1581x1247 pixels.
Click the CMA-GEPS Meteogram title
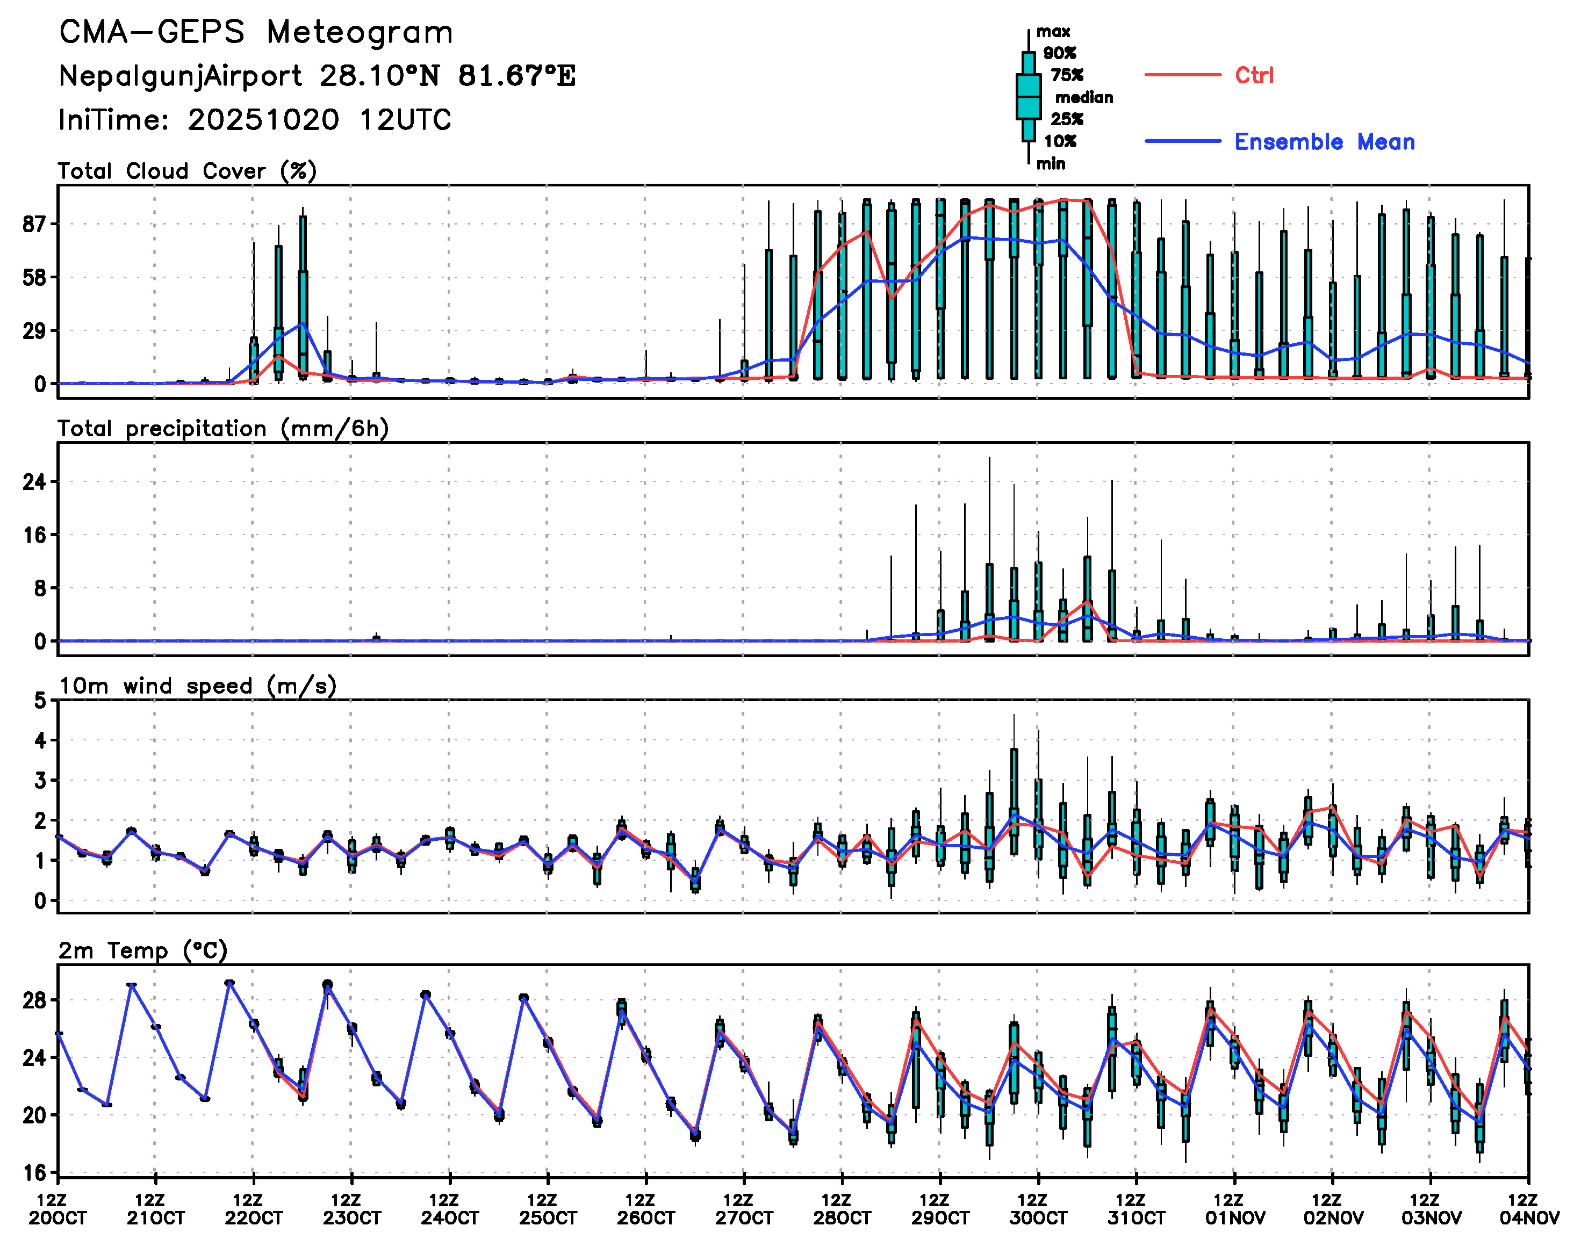[256, 33]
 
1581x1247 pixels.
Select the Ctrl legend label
[1254, 75]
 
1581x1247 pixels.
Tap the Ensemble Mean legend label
[1324, 142]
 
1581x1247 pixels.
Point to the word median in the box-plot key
[1084, 98]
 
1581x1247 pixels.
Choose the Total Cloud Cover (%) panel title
[187, 171]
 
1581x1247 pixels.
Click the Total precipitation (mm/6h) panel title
[222, 429]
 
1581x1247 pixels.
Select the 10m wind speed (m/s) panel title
[197, 686]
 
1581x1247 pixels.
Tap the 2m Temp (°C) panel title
[143, 950]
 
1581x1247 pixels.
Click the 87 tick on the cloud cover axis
[34, 224]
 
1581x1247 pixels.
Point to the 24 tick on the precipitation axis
[34, 482]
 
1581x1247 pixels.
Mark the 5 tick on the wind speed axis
[40, 701]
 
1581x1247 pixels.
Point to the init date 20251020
[263, 120]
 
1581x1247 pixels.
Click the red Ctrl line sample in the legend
[1182, 75]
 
